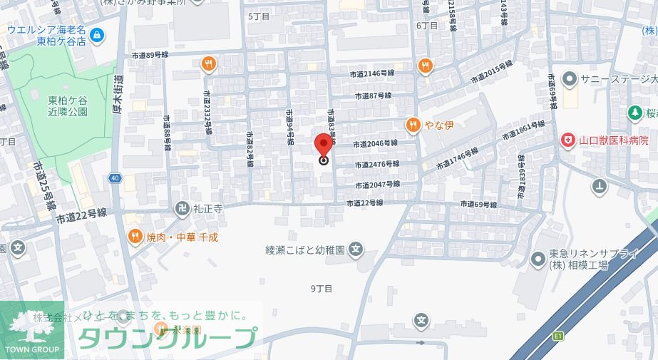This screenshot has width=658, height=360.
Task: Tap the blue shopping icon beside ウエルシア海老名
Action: [x=97, y=32]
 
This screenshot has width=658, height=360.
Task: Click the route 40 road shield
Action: [x=115, y=178]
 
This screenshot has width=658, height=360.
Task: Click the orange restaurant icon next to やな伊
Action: [x=413, y=126]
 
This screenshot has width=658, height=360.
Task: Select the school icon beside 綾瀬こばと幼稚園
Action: [x=356, y=250]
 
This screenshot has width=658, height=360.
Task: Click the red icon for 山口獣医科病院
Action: [x=567, y=140]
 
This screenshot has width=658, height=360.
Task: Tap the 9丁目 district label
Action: [x=322, y=289]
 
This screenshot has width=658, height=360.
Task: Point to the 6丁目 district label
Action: [x=426, y=26]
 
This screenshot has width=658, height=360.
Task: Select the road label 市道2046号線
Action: [x=374, y=143]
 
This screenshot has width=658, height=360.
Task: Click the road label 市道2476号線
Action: [x=376, y=165]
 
